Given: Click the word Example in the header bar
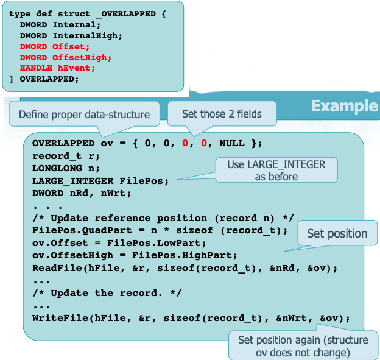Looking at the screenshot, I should point(344,106).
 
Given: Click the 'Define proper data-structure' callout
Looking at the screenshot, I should point(84,115).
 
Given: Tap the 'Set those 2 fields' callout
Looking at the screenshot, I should point(222,114).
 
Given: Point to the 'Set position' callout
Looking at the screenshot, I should point(337,233).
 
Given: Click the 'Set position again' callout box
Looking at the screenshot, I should point(303,345).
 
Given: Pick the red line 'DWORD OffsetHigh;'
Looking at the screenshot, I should point(65,57).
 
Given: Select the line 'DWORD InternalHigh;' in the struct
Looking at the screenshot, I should point(71,36).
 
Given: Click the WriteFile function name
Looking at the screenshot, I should point(57,318).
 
